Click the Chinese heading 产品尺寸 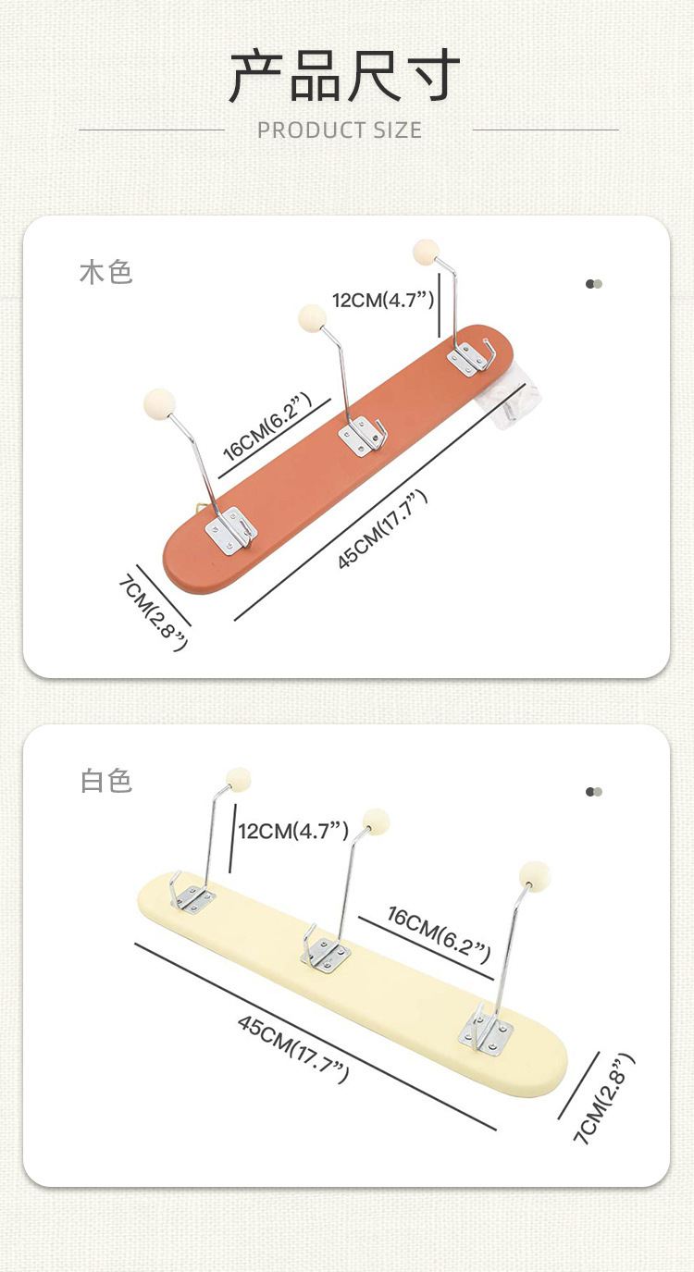point(344,76)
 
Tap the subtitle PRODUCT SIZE point(340,130)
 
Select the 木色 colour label point(106,272)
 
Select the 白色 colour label point(106,780)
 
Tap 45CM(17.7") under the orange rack point(383,530)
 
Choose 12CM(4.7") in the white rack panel point(292,831)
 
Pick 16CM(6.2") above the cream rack point(439,934)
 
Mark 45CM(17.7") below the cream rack point(293,1048)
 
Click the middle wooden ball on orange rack point(313,317)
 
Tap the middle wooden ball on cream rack point(376,821)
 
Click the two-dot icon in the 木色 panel point(594,284)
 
